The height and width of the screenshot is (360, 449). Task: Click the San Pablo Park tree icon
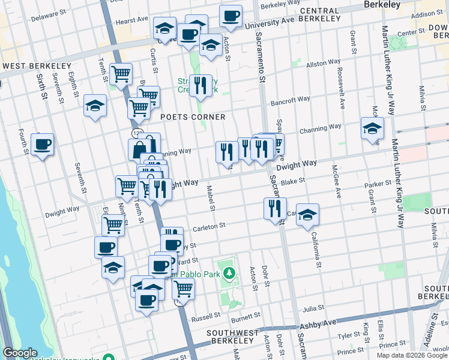click(x=228, y=274)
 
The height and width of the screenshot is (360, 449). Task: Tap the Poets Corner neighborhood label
click(x=193, y=117)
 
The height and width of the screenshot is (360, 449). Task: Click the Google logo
click(x=20, y=353)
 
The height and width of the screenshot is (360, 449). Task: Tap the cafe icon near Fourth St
click(x=43, y=145)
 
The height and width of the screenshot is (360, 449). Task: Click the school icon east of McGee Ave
click(x=372, y=128)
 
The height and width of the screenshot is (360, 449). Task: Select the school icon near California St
click(x=307, y=215)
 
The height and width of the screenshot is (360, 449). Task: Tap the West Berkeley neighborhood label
click(x=37, y=65)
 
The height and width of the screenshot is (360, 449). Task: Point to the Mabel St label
click(x=211, y=199)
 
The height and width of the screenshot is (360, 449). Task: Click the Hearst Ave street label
click(x=131, y=20)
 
